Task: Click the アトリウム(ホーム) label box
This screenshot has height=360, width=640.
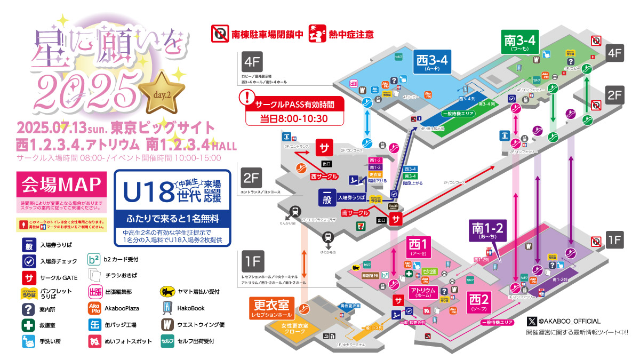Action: (x=423, y=292)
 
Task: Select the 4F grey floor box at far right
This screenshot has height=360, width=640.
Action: (x=614, y=53)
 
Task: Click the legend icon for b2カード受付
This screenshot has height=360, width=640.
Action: (x=94, y=260)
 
